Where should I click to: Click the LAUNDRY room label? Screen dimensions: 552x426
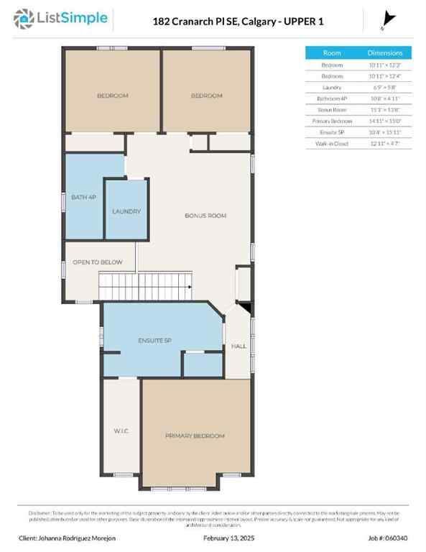click(126, 211)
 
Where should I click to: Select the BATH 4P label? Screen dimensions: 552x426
click(83, 196)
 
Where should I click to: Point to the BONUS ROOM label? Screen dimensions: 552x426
click(205, 216)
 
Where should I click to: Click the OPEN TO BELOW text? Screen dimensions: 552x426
click(98, 262)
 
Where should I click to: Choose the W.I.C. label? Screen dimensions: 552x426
click(121, 431)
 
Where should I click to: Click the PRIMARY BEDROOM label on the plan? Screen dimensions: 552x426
click(195, 436)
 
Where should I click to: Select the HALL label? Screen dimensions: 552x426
click(239, 346)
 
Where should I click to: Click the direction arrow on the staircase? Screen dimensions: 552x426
click(188, 287)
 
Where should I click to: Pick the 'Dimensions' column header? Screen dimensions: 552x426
click(385, 53)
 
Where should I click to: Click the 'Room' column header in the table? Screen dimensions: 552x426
click(332, 53)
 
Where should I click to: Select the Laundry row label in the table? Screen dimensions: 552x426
click(332, 87)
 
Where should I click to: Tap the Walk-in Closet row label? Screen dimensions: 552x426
click(332, 143)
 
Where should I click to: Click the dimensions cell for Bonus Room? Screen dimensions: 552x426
click(385, 109)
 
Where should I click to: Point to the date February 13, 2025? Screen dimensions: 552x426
click(229, 537)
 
